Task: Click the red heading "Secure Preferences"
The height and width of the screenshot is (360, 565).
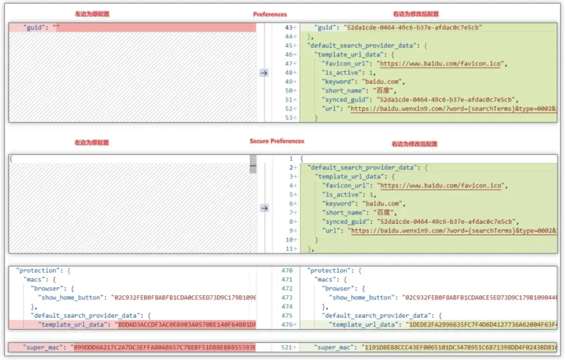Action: click(x=277, y=141)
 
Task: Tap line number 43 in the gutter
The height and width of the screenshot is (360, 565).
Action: click(x=289, y=28)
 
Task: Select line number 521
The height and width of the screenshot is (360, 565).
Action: click(x=286, y=347)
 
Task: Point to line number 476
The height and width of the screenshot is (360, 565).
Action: click(x=287, y=324)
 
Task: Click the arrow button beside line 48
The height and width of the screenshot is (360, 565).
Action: click(x=264, y=73)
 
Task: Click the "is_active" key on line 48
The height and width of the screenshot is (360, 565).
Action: click(x=341, y=73)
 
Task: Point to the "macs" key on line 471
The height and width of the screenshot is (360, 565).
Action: click(x=325, y=280)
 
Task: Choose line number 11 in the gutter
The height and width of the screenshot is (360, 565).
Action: click(x=289, y=249)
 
